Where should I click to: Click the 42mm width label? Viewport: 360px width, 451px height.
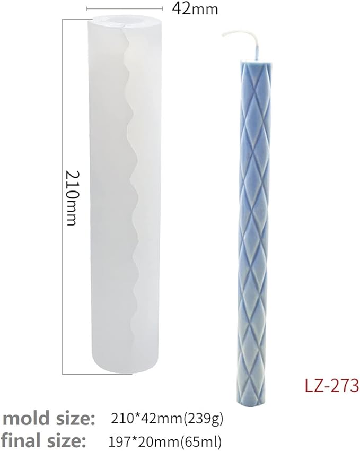[195, 9]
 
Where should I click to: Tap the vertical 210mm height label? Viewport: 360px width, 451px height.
[72, 198]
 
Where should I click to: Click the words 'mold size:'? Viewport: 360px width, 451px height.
[48, 419]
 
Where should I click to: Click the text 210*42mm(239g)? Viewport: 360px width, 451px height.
[167, 419]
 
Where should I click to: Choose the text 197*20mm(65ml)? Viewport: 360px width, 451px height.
[165, 441]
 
